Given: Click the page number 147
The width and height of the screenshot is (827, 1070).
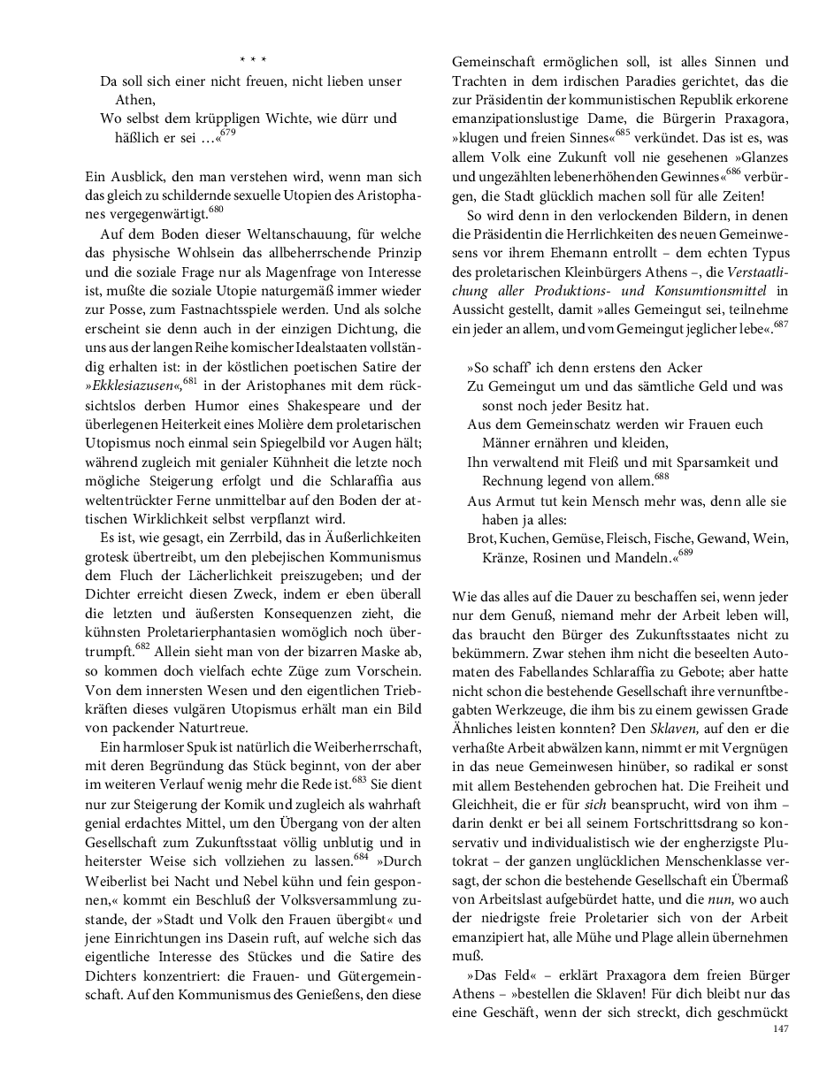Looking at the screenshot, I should click(780, 1028).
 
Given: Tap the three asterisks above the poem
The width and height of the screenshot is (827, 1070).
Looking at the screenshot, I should click(252, 60).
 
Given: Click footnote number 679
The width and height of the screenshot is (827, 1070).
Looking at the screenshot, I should click(228, 132).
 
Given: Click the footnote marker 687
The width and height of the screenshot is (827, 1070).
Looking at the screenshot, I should click(780, 323).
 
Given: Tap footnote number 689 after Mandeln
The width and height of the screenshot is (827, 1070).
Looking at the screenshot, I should click(686, 553).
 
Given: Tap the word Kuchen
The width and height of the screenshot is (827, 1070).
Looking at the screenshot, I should click(525, 539).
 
